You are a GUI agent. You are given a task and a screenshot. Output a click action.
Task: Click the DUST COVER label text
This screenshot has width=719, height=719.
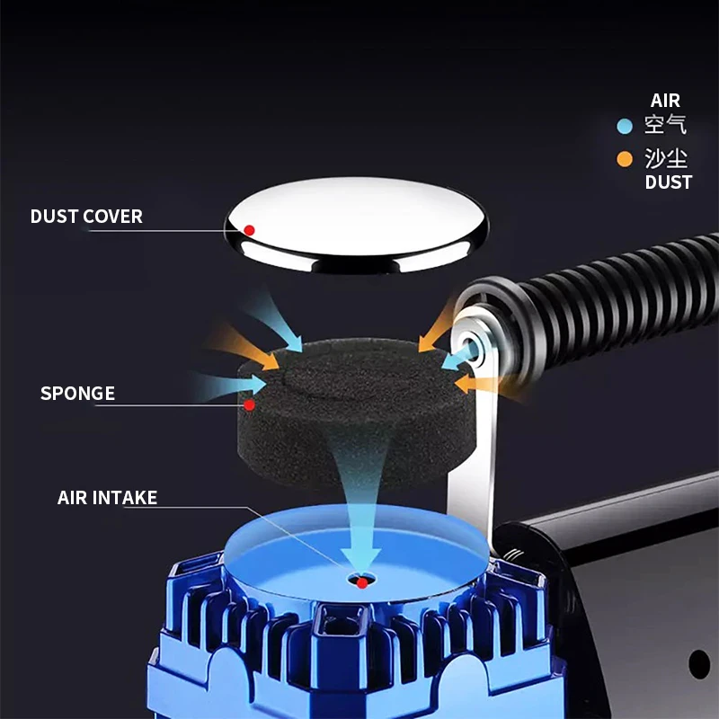click(86, 217)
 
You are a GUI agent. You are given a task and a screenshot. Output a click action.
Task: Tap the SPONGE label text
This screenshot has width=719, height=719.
click(77, 394)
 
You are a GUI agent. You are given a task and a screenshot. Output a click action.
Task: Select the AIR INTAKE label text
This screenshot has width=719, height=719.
click(107, 498)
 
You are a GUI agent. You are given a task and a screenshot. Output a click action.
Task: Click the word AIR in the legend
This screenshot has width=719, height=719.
click(665, 101)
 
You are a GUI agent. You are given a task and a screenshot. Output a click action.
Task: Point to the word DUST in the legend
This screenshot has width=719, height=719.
click(669, 182)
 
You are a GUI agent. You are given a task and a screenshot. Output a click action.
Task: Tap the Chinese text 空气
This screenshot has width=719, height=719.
click(666, 126)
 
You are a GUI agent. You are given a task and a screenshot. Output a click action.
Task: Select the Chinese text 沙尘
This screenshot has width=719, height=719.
click(666, 160)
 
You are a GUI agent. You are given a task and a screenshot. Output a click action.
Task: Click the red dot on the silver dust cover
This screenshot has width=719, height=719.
click(250, 231)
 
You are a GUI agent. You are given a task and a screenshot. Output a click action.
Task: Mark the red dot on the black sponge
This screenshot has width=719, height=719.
click(250, 405)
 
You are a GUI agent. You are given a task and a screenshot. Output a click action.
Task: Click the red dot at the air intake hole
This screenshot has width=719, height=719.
click(361, 583)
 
